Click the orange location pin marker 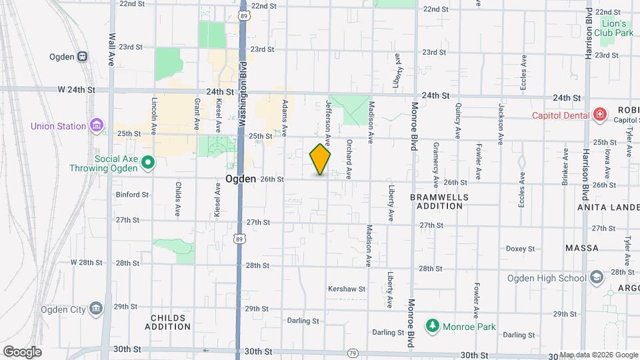(x=321, y=159)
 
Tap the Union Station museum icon (x=97, y=125)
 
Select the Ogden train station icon (x=83, y=57)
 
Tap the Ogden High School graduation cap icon (x=597, y=278)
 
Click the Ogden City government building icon (x=97, y=309)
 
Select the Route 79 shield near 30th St (x=353, y=353)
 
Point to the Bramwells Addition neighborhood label (x=439, y=202)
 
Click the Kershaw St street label (x=347, y=289)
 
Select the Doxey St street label (x=520, y=249)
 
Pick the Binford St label (x=132, y=195)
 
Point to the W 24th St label (x=77, y=89)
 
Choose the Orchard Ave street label (x=348, y=159)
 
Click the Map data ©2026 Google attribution (x=599, y=355)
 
